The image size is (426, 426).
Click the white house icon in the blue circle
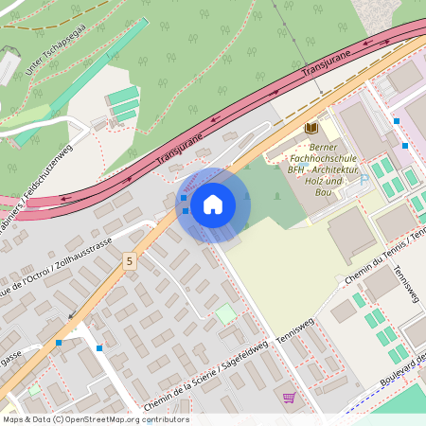point(213,204)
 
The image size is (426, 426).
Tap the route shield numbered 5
point(129,259)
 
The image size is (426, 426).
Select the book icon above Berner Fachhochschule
point(311,127)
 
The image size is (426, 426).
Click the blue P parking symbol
point(364,180)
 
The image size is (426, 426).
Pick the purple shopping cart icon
point(289,397)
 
